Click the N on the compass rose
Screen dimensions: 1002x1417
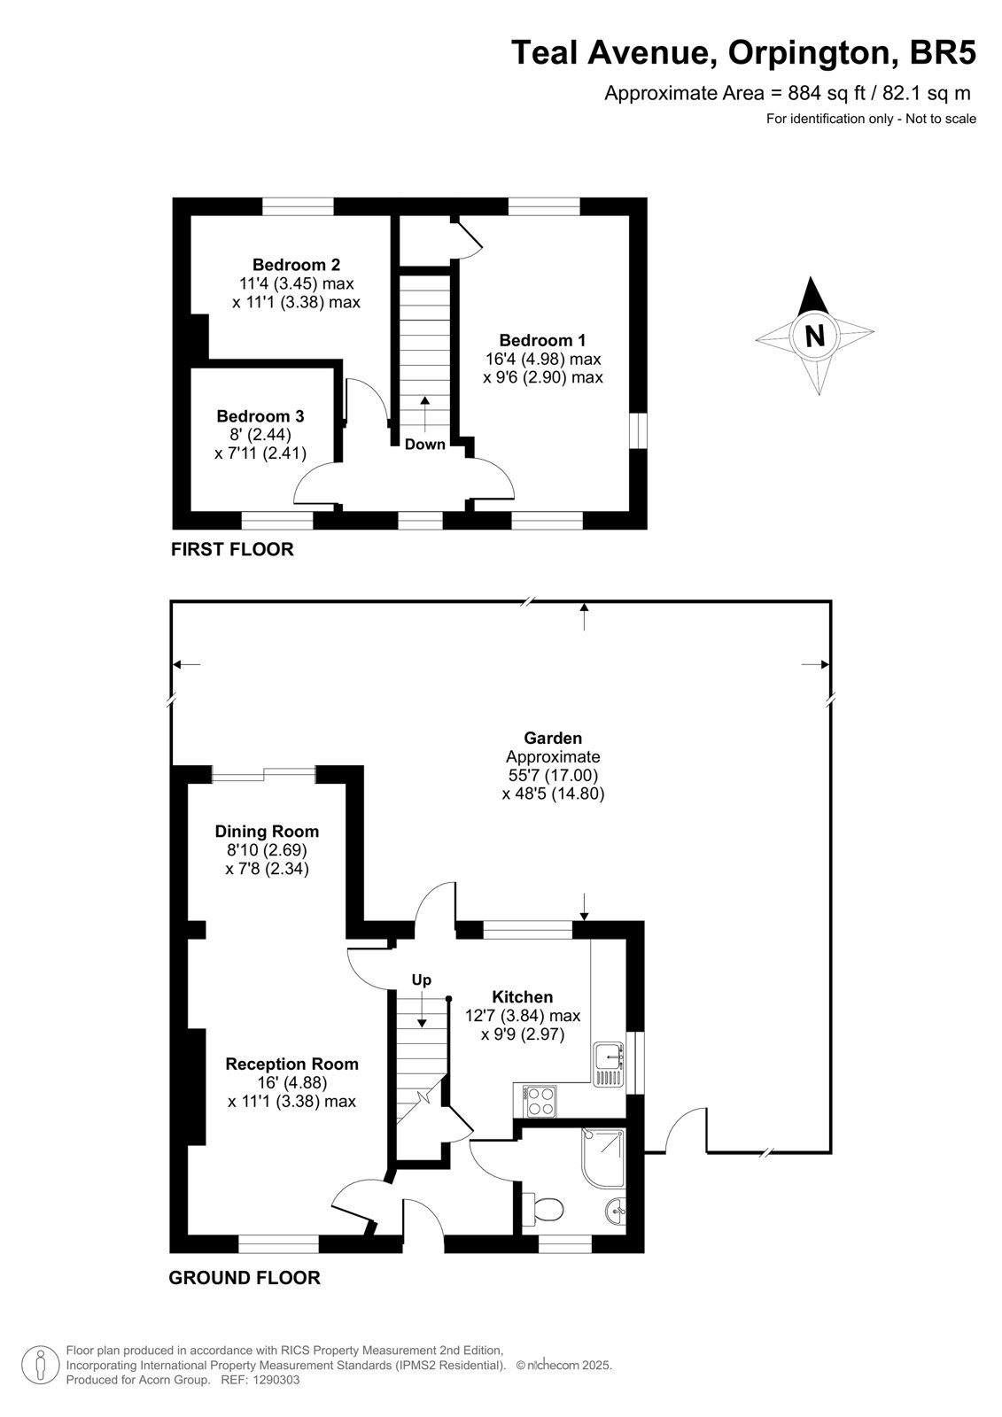click(x=815, y=336)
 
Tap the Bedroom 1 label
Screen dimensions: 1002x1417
click(x=542, y=340)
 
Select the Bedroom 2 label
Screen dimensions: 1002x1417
click(x=296, y=265)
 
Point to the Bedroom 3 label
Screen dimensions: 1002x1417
click(x=260, y=416)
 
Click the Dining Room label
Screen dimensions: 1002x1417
click(x=267, y=832)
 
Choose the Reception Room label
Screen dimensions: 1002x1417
click(x=291, y=1064)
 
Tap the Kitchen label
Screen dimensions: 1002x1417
click(x=522, y=997)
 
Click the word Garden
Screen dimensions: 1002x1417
click(x=553, y=738)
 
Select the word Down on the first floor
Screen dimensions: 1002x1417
click(x=424, y=444)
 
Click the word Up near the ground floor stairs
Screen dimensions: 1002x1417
click(x=422, y=980)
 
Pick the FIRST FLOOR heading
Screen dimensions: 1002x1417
click(x=232, y=549)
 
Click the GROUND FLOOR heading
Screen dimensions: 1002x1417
click(x=245, y=1273)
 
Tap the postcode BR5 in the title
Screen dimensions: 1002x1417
click(x=943, y=52)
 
